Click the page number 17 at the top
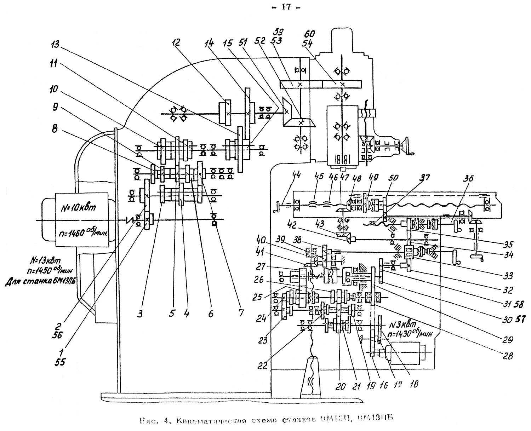click(286, 7)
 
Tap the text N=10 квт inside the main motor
click(76, 208)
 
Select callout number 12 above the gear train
click(176, 43)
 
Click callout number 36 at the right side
click(469, 179)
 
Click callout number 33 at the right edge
click(509, 276)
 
